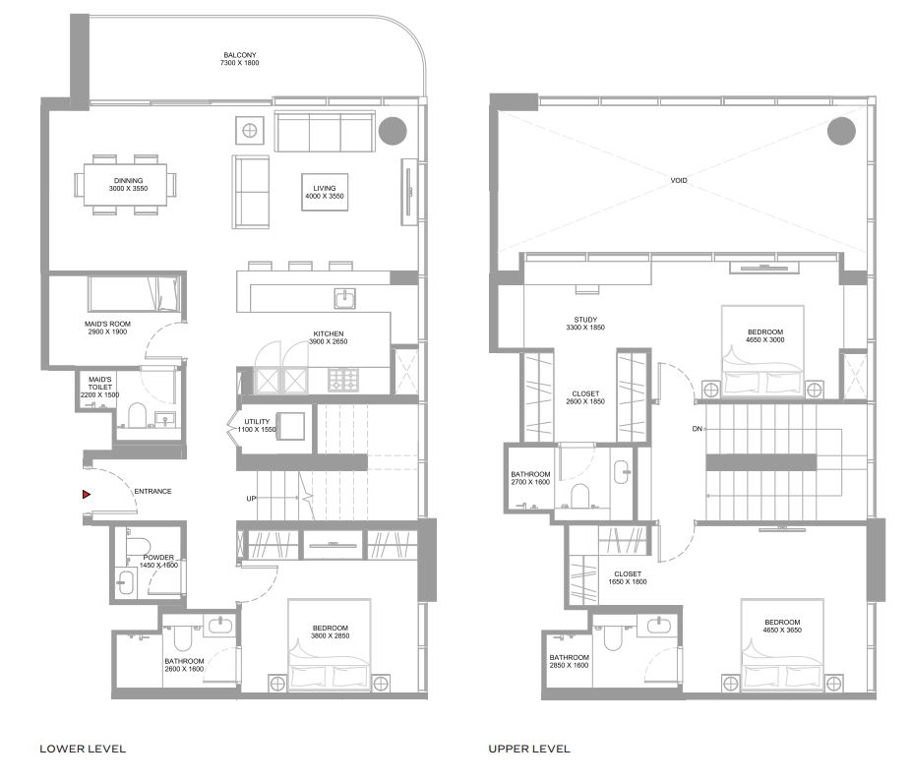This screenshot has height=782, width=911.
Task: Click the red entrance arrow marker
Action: pyautogui.click(x=87, y=494)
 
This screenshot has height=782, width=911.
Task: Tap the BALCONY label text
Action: pyautogui.click(x=239, y=58)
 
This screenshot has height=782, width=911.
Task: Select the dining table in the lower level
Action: pyautogui.click(x=127, y=184)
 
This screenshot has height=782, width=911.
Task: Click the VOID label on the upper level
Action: pyautogui.click(x=678, y=180)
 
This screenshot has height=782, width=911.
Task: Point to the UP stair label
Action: pyautogui.click(x=251, y=499)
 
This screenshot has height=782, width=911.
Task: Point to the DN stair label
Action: pyautogui.click(x=697, y=429)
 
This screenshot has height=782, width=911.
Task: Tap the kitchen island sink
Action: pyautogui.click(x=344, y=298)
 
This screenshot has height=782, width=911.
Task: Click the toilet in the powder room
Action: pyautogui.click(x=137, y=546)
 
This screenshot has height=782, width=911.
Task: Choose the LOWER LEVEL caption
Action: pyautogui.click(x=83, y=749)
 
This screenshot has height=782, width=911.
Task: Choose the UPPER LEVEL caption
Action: pyautogui.click(x=529, y=749)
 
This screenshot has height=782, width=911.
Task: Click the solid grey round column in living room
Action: pyautogui.click(x=393, y=130)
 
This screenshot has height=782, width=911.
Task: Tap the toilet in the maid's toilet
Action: pyautogui.click(x=136, y=414)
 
